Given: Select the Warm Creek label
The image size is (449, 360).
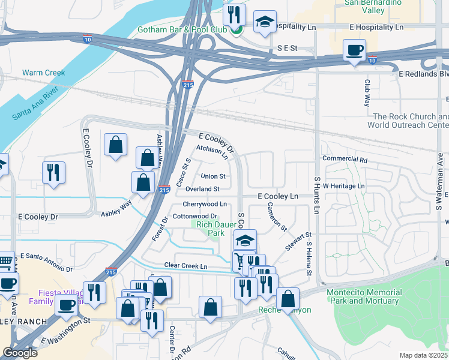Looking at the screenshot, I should (x=43, y=73).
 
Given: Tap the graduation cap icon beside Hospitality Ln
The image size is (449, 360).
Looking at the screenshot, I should (x=264, y=22).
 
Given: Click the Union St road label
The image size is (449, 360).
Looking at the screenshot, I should (x=213, y=176).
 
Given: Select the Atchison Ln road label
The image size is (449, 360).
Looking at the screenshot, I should (x=212, y=153).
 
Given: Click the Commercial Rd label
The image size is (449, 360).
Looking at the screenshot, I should (x=345, y=160).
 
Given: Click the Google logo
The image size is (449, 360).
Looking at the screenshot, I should (x=19, y=353).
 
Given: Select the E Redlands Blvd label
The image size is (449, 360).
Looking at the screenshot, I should (x=424, y=73).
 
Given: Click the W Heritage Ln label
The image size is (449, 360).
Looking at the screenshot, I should (x=344, y=187).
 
